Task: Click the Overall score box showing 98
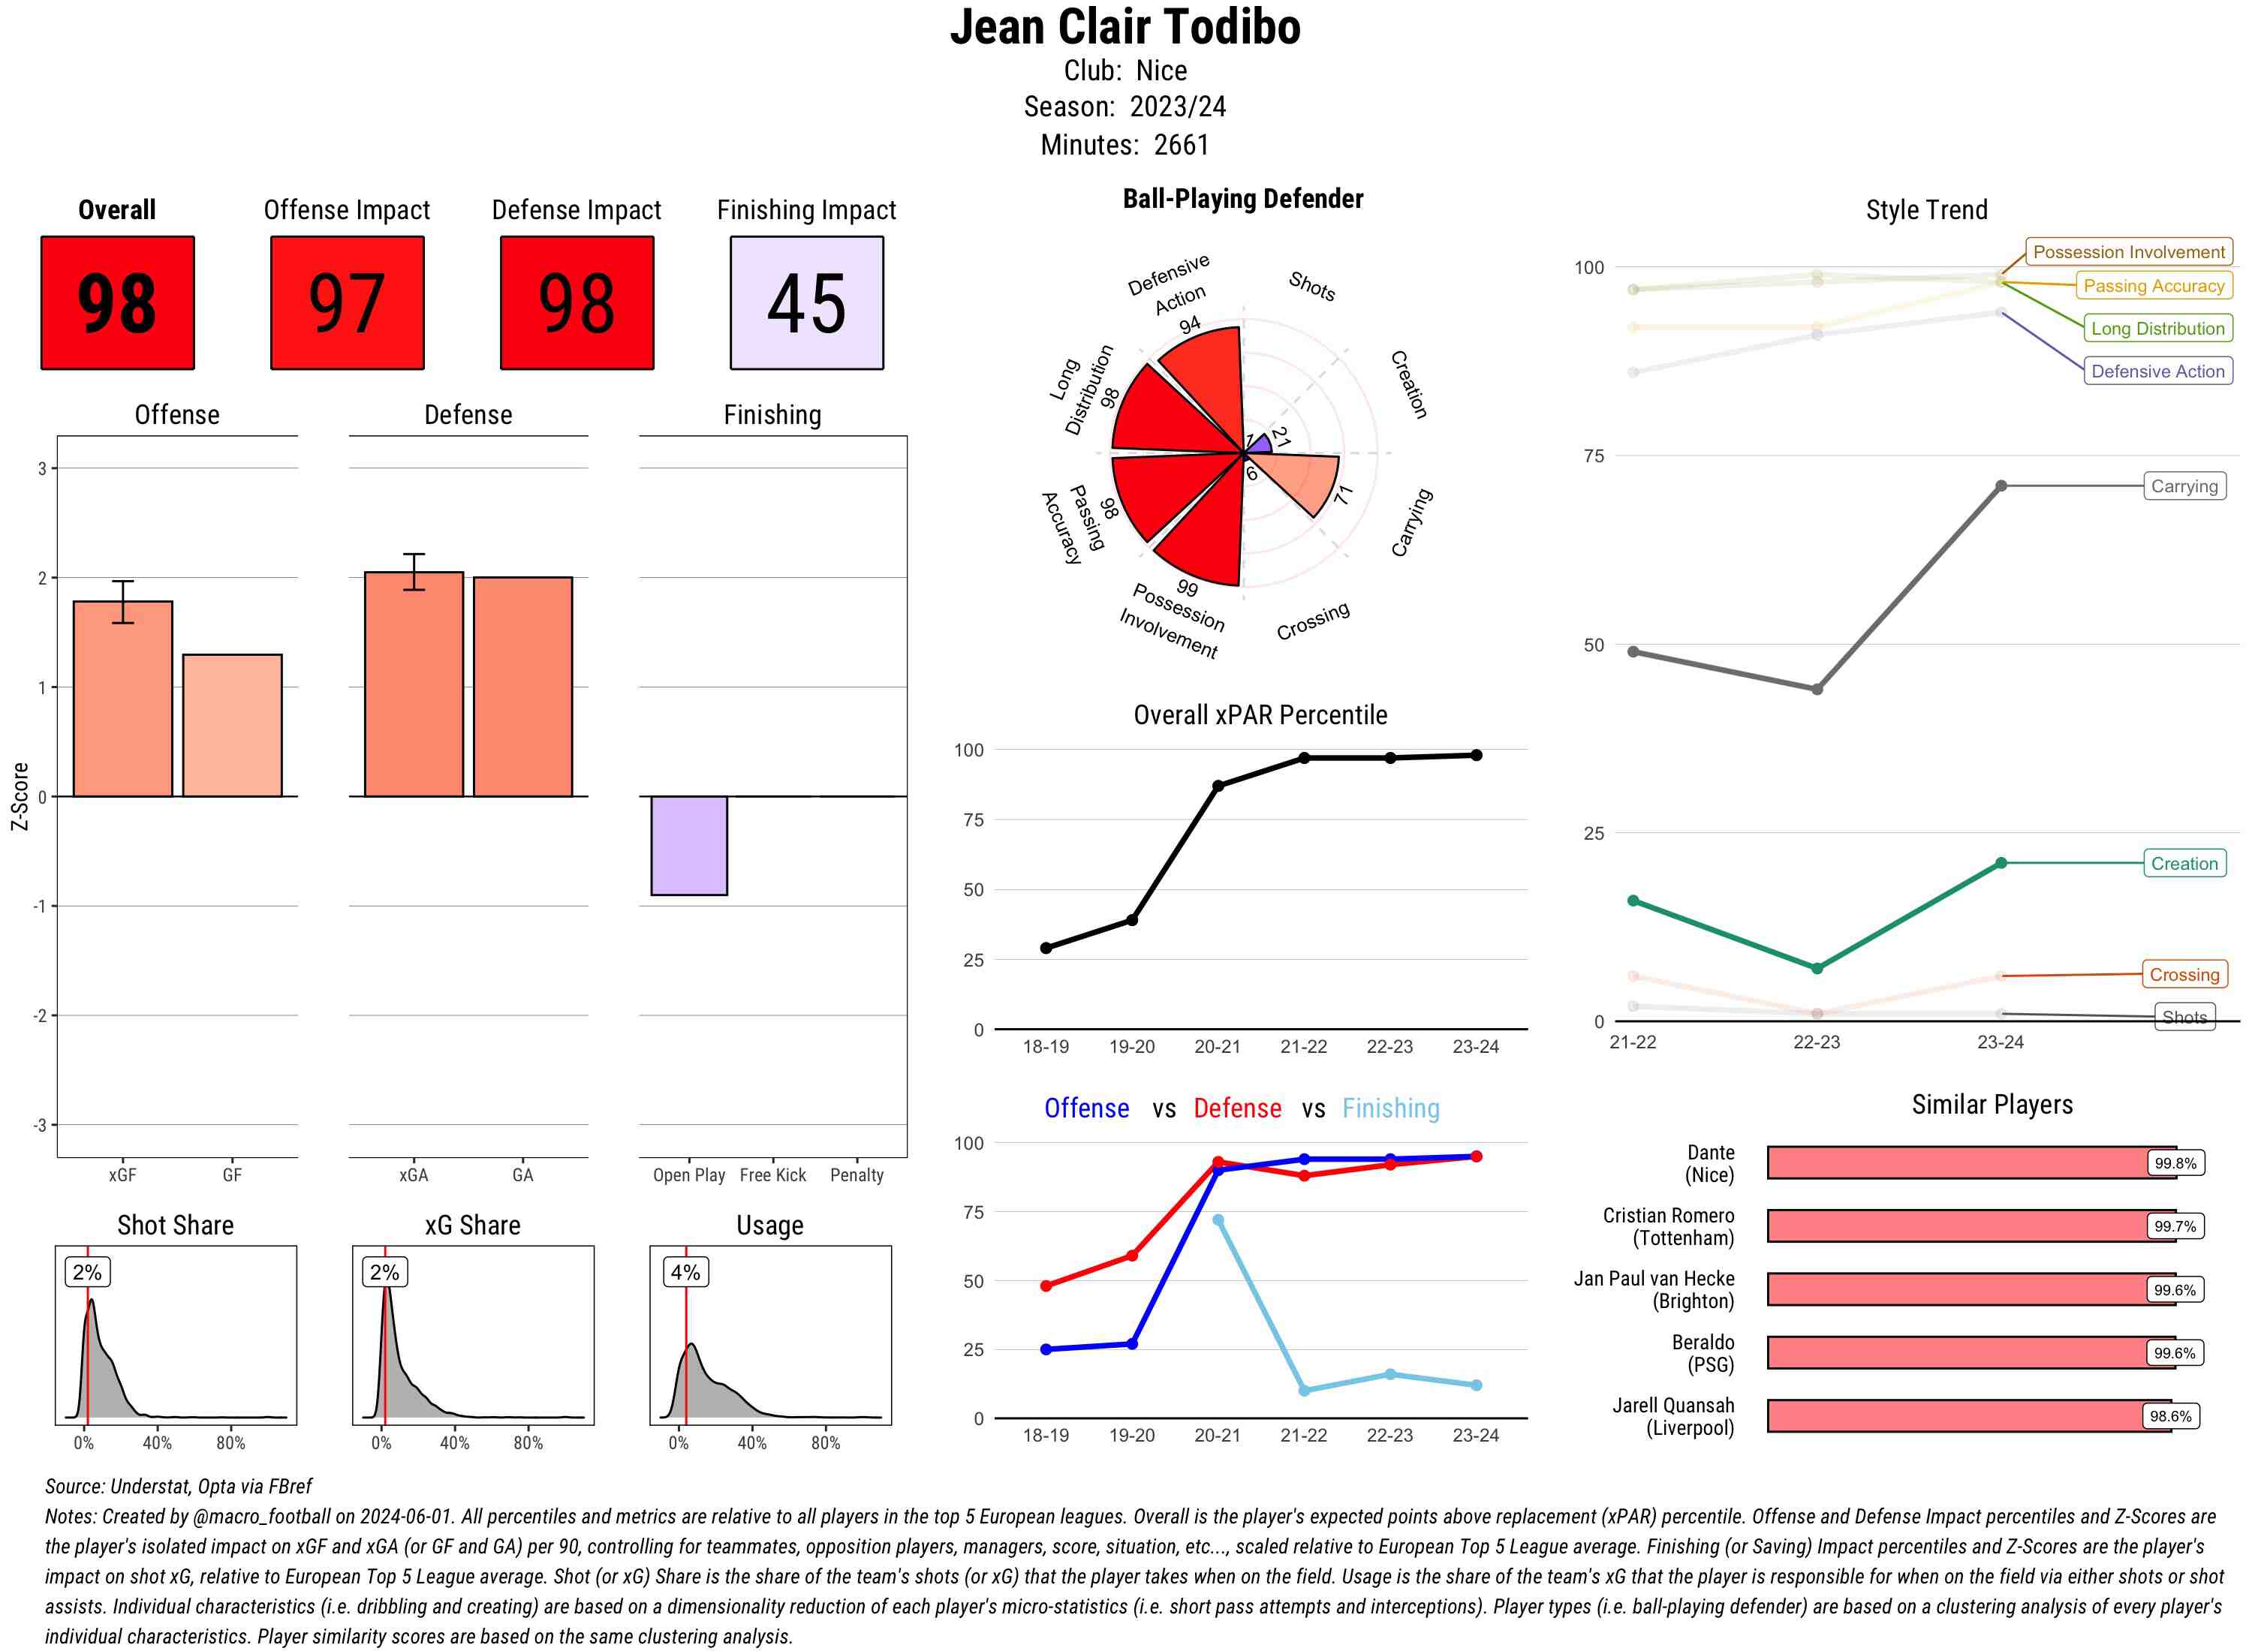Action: click(117, 303)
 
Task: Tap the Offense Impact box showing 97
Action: click(347, 303)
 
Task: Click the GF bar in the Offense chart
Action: click(232, 726)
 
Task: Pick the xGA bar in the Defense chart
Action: click(414, 684)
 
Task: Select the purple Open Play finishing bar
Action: click(688, 846)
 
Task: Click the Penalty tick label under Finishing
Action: click(857, 1175)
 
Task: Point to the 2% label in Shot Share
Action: click(87, 1272)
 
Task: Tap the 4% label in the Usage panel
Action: click(685, 1272)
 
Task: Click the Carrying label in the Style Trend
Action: click(2184, 487)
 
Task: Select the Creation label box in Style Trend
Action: click(2184, 864)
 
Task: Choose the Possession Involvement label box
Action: click(2128, 252)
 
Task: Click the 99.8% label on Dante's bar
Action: click(2175, 1163)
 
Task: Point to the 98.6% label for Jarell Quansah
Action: click(2170, 1416)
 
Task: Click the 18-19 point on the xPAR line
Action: click(1046, 947)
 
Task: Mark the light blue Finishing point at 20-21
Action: click(1218, 1219)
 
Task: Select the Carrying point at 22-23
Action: click(1816, 690)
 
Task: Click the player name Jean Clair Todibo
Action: click(1124, 28)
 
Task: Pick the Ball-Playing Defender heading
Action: click(1242, 199)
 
